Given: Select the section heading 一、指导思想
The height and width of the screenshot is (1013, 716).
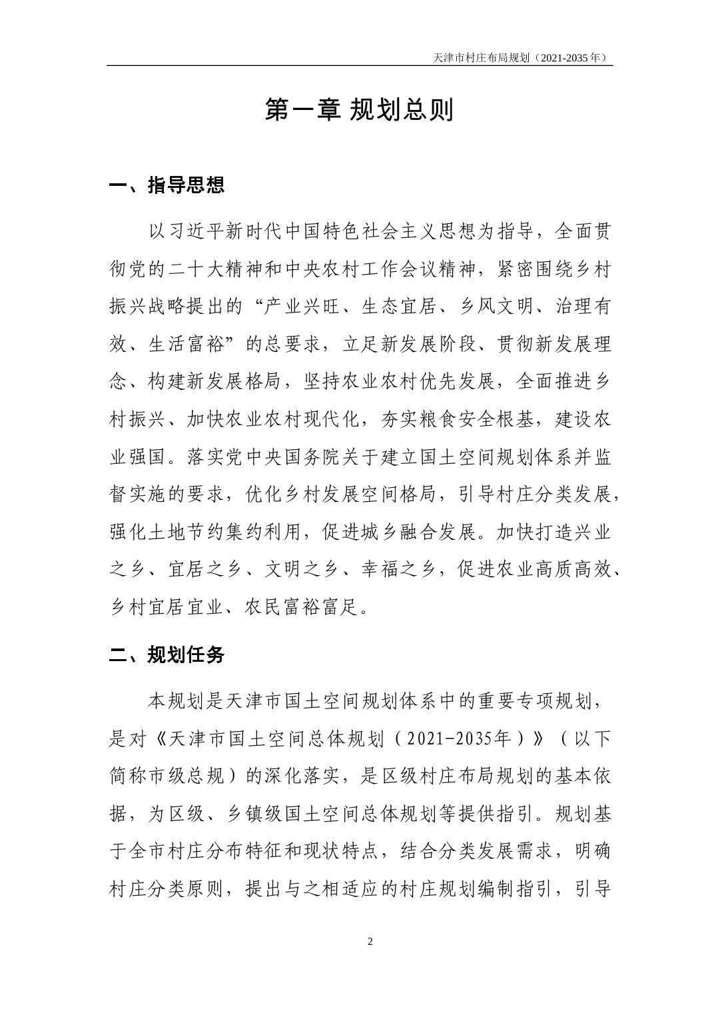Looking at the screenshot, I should click(167, 185).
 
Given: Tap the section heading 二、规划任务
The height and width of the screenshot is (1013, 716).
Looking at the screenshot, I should click(167, 655).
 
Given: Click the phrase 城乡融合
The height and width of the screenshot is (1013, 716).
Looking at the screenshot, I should click(400, 532).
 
